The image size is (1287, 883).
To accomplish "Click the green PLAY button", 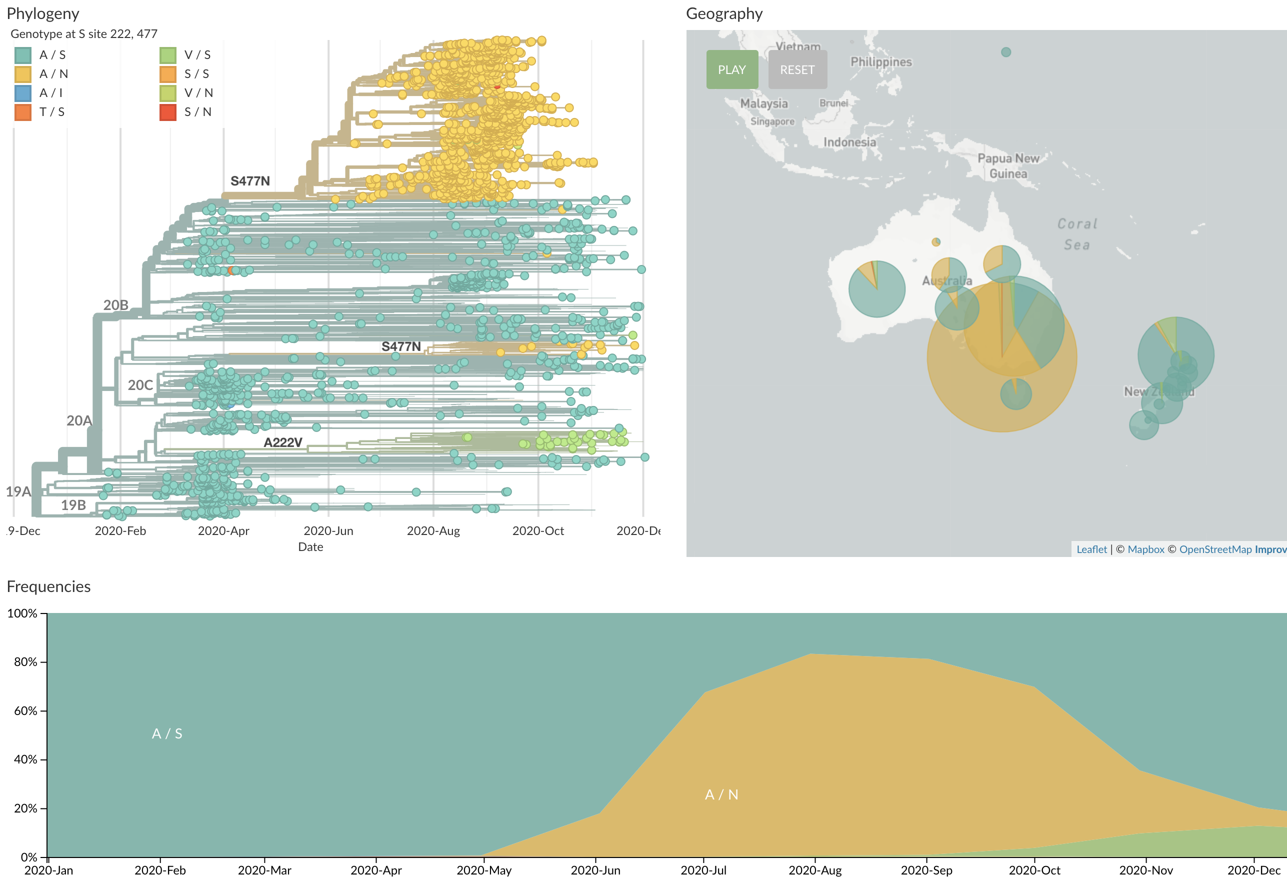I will coord(731,70).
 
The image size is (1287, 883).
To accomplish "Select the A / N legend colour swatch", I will coord(22,74).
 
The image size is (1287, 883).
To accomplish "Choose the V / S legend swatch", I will coord(168,55).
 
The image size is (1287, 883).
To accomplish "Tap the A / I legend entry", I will coord(50,93).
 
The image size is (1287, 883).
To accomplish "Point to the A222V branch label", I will coord(282,442).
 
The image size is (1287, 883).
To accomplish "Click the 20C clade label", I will coord(140,385).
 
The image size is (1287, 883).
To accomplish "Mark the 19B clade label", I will coord(73,505).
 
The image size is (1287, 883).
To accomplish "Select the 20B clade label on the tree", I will coord(115,305).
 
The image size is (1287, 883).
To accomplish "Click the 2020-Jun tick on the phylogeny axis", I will coord(328,530).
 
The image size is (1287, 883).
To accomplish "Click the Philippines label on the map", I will coord(880,62).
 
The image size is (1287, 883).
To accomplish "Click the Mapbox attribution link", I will coord(1146,549).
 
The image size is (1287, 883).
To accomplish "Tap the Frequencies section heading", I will coord(48,586).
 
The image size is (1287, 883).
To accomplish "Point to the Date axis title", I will coord(310,547).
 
